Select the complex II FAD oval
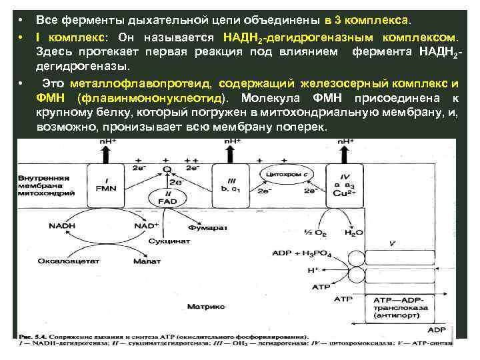pos(169,199)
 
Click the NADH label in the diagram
pos(61,226)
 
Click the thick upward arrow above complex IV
pos(346,153)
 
